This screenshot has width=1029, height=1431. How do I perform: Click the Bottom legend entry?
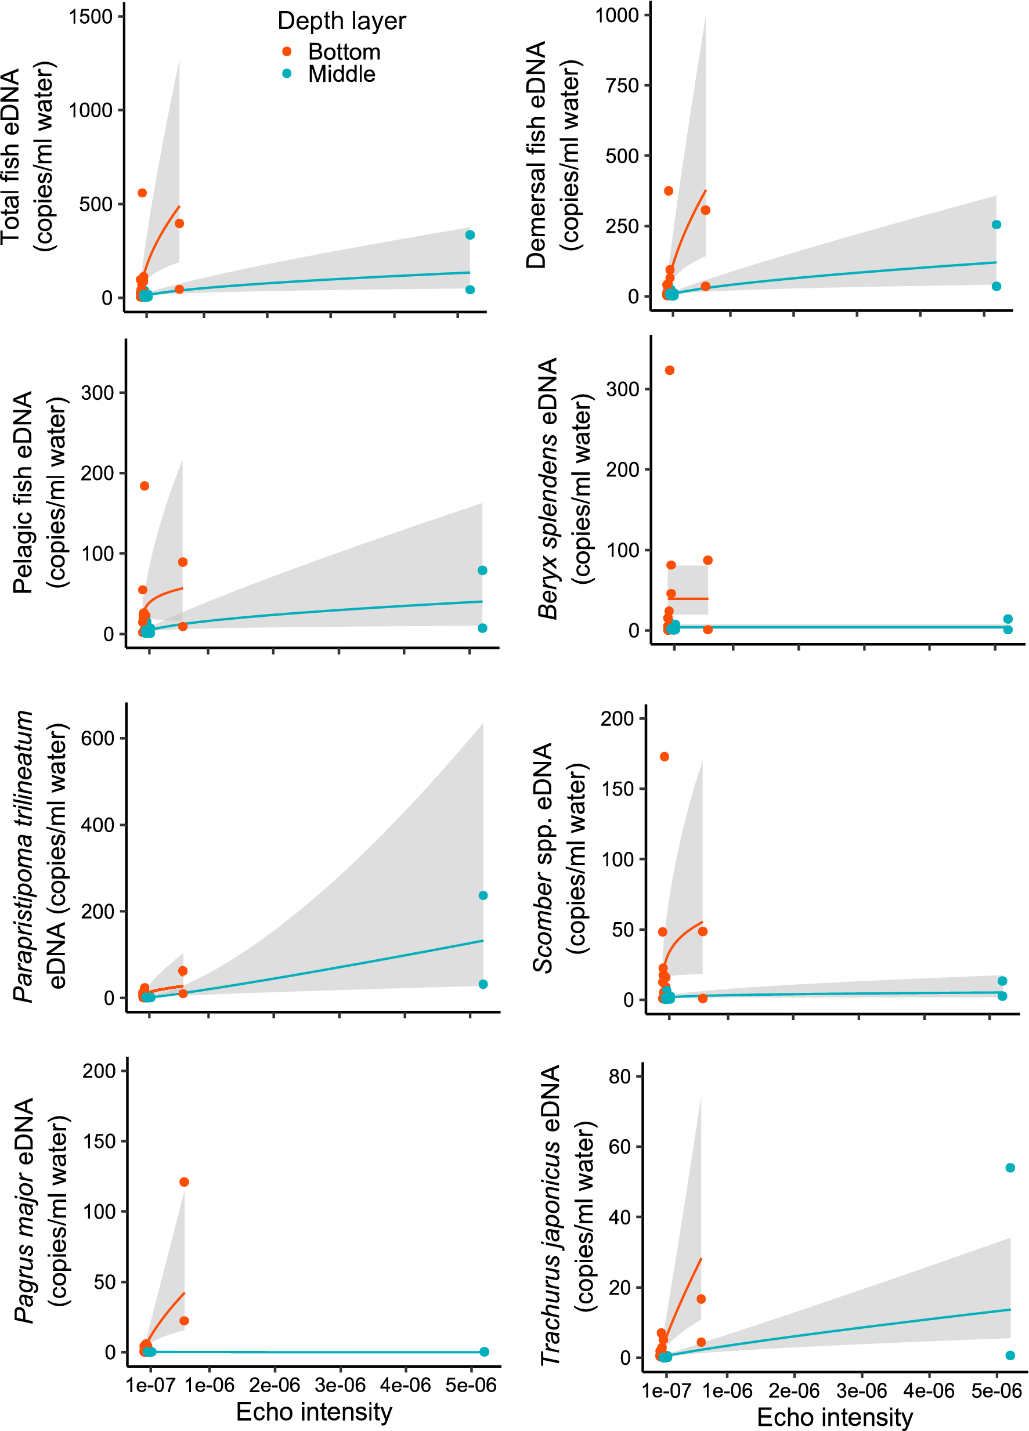pos(344,52)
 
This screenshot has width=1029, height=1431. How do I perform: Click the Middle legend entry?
pos(341,74)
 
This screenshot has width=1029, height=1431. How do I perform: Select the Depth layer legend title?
pos(341,21)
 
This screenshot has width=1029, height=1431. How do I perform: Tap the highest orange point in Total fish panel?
pos(142,193)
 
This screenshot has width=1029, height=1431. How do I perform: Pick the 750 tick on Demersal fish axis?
pos(622,85)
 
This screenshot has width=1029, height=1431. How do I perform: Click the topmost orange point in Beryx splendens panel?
pos(669,370)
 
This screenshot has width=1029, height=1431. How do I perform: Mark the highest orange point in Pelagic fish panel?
pos(145,486)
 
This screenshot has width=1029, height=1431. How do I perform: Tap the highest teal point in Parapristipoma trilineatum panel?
pos(483,895)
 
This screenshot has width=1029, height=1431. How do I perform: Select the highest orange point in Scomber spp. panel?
pos(665,757)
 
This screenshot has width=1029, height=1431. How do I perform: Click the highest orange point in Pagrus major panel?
pos(184,1182)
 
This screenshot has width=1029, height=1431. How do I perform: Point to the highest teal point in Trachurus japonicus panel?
pos(1010,1168)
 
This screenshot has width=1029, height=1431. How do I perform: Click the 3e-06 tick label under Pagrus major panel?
pos(340,1385)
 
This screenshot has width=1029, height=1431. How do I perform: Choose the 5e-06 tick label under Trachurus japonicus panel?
pos(996,1390)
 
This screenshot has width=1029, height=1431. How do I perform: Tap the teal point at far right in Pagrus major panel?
pos(484,1351)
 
